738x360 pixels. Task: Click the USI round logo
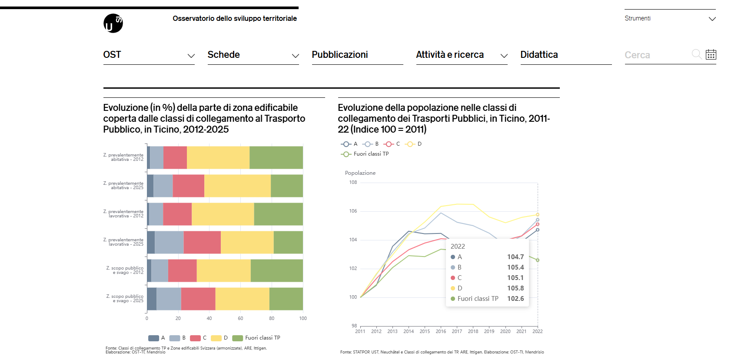[113, 23]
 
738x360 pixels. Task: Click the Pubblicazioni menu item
[340, 55]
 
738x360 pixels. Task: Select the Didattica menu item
[539, 55]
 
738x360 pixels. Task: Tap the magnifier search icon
[696, 54]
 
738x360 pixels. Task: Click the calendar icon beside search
[711, 54]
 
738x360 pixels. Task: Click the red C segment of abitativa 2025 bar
[188, 186]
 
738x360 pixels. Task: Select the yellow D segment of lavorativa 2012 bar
[223, 214]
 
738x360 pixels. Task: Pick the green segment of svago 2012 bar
[276, 270]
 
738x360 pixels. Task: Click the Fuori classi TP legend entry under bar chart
[256, 338]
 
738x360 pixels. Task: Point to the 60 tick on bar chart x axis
[240, 318]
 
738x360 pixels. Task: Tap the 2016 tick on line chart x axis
[441, 331]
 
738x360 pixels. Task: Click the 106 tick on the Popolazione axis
[353, 211]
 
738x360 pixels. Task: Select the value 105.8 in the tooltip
[515, 288]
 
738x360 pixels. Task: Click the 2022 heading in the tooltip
[458, 247]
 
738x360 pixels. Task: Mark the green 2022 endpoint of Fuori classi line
[538, 260]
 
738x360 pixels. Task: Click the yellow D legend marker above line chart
[410, 144]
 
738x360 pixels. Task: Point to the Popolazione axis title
[360, 173]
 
